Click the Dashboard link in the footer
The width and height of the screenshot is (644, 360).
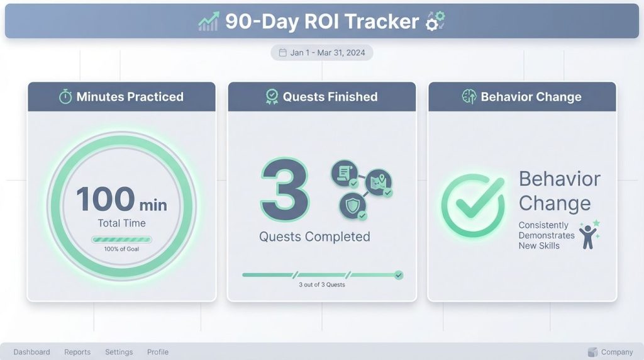[x=31, y=352]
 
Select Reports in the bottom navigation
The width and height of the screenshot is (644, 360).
[x=77, y=352]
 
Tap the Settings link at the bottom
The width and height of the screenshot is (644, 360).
[x=119, y=352]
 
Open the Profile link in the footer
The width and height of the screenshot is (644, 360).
[x=158, y=352]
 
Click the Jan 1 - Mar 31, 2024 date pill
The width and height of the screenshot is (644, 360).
[x=321, y=53]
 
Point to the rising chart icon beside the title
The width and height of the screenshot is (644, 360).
[x=208, y=22]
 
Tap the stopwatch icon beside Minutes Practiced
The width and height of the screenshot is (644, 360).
[x=65, y=97]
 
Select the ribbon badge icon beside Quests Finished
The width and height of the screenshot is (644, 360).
[x=272, y=97]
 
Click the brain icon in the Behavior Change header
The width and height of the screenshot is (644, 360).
[x=469, y=97]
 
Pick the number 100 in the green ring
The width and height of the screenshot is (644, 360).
[x=105, y=199]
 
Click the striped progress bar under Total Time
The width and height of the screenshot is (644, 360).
[x=121, y=239]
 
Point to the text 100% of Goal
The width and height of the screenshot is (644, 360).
[x=121, y=249]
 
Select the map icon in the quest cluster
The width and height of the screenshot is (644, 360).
[x=378, y=181]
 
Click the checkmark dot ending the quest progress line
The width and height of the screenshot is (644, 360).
[x=398, y=275]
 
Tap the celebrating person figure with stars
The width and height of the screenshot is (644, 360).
[x=588, y=235]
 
